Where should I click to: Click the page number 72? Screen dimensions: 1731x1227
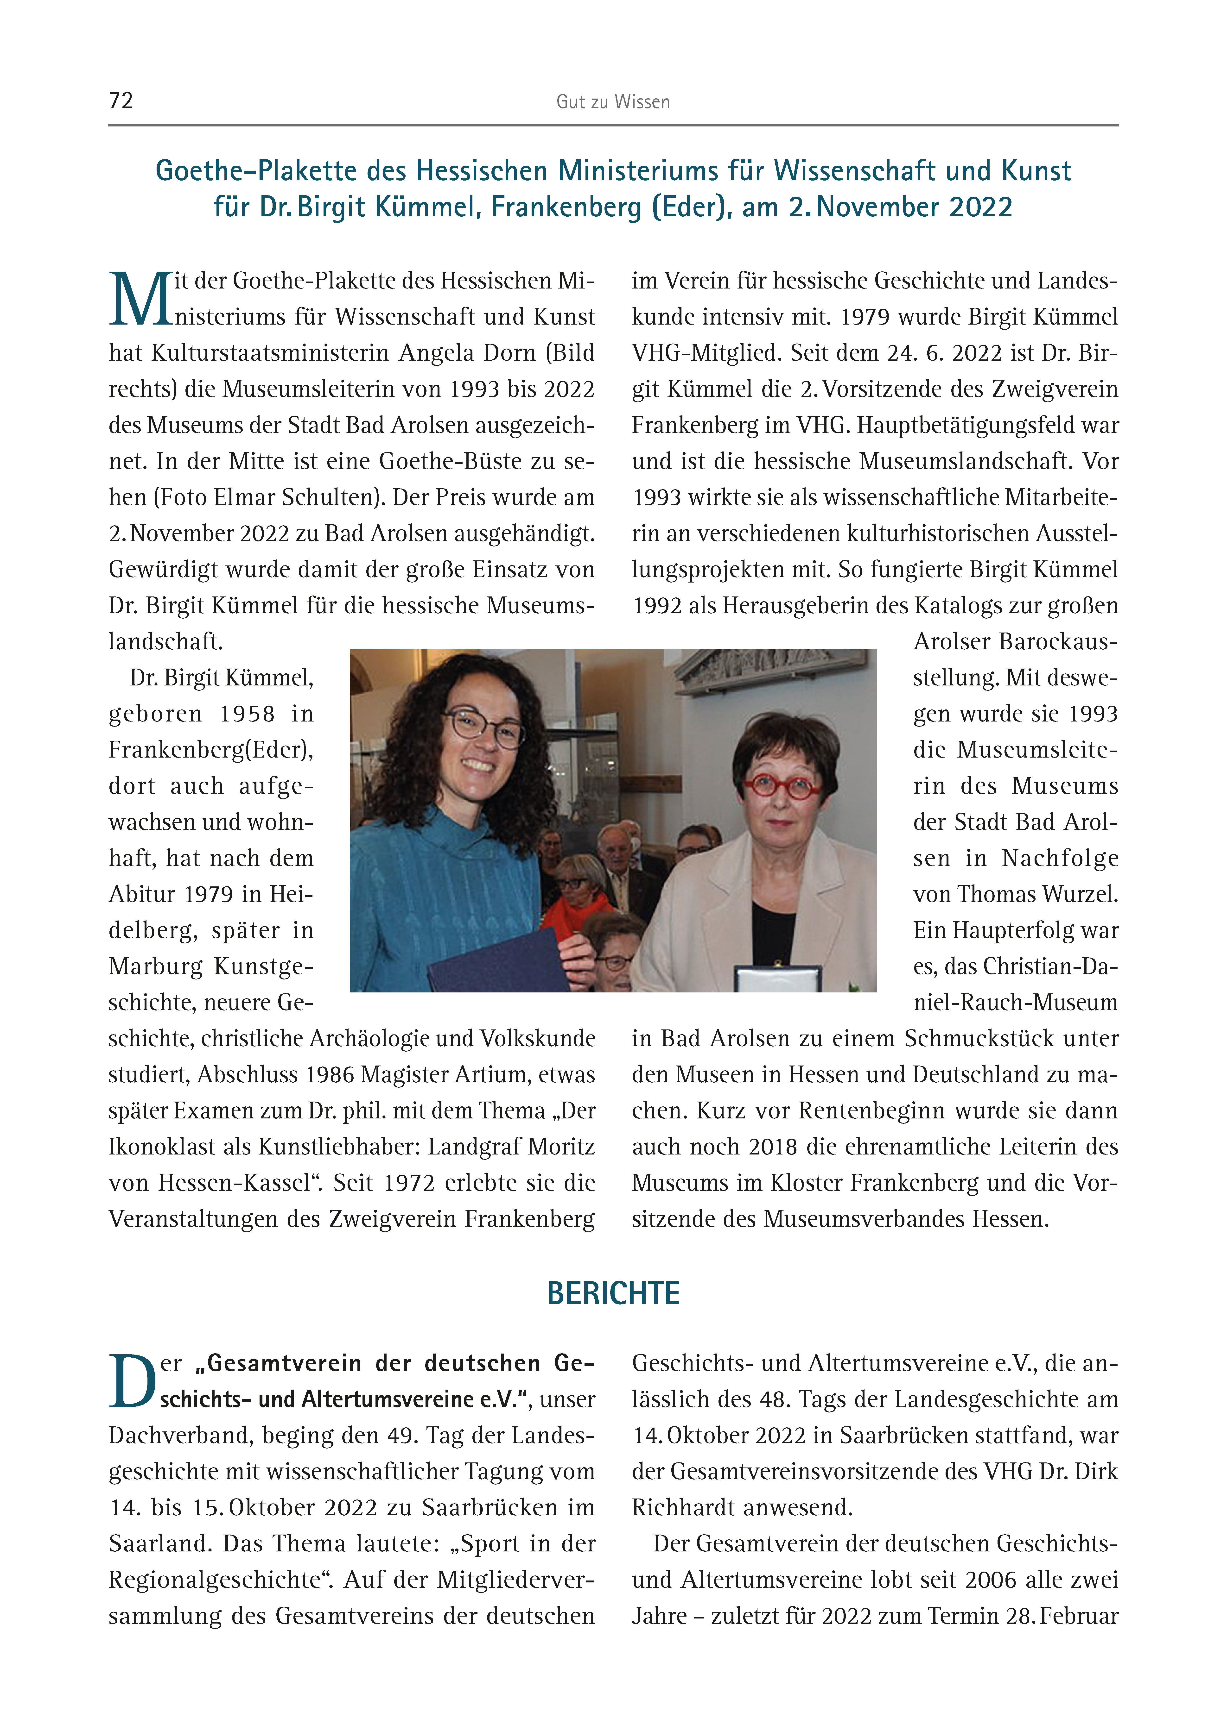(121, 100)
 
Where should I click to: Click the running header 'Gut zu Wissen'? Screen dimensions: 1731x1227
(613, 102)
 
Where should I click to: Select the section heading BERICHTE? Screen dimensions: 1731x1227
(613, 1293)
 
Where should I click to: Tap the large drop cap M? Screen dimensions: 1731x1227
(140, 300)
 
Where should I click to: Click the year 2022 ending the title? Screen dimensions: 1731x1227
(980, 207)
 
